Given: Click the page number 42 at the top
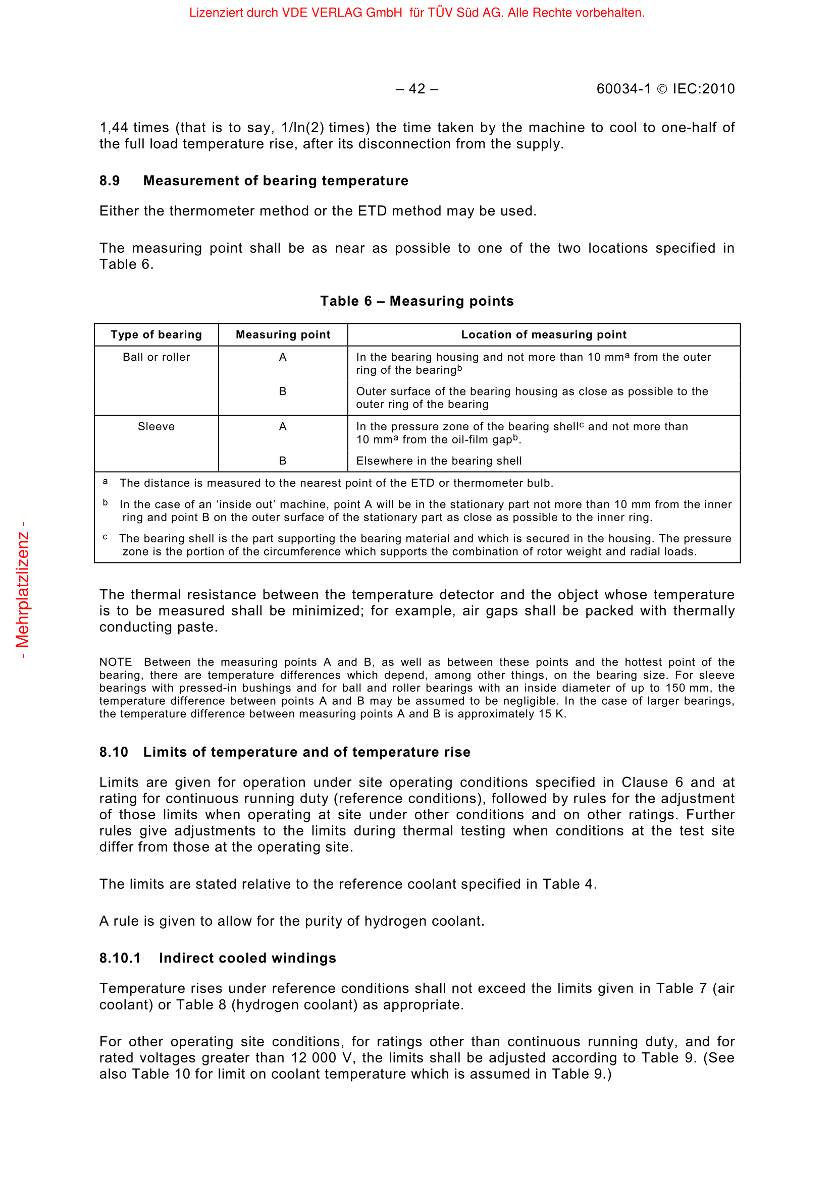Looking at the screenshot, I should coord(417,89).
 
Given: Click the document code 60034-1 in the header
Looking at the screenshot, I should coord(623,89).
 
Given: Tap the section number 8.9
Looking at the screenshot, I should coord(110,181).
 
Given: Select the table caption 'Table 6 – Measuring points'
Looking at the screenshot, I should coord(417,301).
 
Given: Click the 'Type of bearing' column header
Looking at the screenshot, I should coord(156,335).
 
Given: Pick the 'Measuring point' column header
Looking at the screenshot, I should coord(283,335).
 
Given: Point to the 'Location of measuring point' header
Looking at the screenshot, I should coord(544,335).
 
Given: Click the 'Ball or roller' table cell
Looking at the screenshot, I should coord(156,357).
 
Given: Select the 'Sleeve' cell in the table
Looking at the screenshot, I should coord(156,427).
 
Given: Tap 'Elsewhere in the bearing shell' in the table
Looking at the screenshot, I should coord(439,461).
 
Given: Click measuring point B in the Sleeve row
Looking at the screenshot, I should coord(283,461).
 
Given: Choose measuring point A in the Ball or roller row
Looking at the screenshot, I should coord(283,357).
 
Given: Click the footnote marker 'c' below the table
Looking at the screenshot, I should coord(106,537).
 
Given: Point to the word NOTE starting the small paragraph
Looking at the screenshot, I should coord(116,662).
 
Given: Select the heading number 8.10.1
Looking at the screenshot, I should coord(120,959).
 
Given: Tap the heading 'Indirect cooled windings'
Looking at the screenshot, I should coord(247,959).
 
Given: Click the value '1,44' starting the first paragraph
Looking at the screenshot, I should coord(114,128).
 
